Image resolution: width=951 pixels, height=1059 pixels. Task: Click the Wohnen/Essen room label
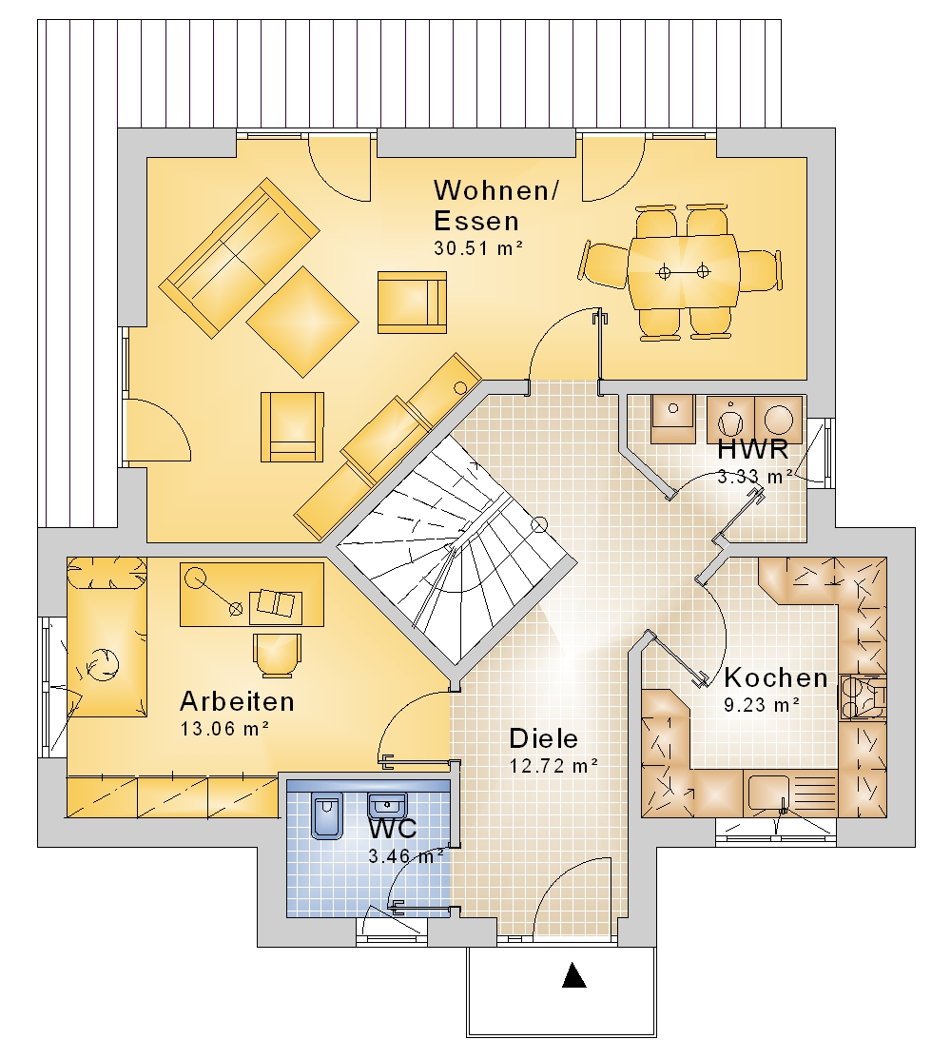[496, 206]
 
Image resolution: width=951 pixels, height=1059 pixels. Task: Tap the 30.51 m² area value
[478, 248]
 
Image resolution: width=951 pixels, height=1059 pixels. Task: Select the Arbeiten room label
[238, 702]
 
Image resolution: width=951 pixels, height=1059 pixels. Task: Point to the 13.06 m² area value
[224, 730]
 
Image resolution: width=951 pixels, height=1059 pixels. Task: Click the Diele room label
[543, 738]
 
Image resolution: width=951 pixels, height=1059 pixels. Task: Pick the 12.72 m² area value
[553, 766]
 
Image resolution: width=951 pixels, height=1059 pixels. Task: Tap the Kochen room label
[776, 677]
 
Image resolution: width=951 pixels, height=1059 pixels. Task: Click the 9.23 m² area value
[762, 705]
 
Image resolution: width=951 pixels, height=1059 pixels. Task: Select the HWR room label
[752, 448]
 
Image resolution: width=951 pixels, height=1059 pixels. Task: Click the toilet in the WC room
[327, 815]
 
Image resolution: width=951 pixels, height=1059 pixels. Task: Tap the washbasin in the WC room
[387, 806]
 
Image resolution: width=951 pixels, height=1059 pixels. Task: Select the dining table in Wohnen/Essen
[683, 271]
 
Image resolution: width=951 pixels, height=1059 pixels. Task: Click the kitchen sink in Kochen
[768, 794]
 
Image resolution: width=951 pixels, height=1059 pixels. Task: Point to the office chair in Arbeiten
[278, 655]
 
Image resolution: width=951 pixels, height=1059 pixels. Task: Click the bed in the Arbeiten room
[107, 637]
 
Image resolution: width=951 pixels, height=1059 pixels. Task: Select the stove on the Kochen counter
[862, 698]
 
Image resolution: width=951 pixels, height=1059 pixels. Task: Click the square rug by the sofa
[302, 322]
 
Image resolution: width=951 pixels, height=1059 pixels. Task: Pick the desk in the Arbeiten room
[252, 595]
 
